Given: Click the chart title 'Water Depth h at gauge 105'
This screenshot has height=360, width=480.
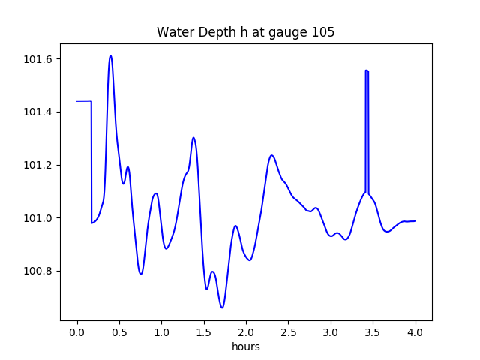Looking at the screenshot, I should click(x=245, y=32).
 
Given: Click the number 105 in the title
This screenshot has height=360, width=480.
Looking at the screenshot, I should click(x=323, y=32).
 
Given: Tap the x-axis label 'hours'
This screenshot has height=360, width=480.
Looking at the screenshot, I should click(x=245, y=347).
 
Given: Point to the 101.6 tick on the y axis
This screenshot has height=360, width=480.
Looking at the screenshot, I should click(x=37, y=59).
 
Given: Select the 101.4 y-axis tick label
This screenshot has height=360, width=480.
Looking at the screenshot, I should click(x=37, y=112).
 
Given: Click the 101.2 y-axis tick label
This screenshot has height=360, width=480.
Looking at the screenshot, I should click(x=37, y=165).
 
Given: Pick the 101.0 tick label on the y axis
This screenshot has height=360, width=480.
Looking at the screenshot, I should click(x=37, y=218).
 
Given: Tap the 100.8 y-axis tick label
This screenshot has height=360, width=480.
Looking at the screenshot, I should click(x=37, y=271).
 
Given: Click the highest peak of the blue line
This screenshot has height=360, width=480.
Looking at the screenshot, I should click(x=110, y=55).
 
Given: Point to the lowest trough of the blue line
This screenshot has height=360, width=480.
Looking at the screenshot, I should click(x=222, y=307).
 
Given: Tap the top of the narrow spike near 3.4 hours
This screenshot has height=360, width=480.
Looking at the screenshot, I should click(x=367, y=70).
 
